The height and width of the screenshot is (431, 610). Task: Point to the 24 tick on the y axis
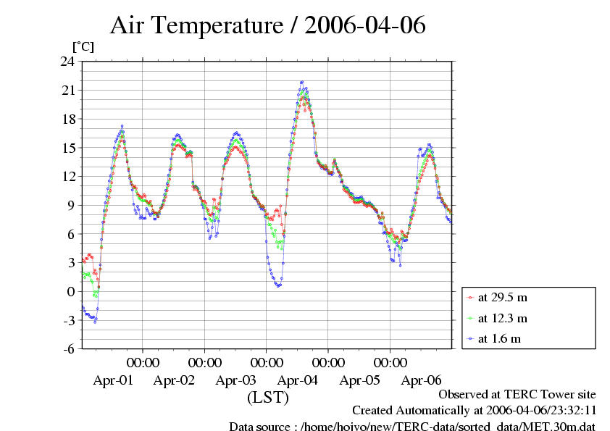(67, 62)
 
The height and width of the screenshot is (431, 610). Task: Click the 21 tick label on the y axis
(67, 91)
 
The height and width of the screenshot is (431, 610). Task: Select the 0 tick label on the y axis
(70, 291)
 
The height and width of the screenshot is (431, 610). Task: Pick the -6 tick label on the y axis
(67, 348)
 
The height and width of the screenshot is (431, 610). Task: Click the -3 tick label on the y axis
(67, 320)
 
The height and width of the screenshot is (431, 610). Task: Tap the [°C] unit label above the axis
(82, 46)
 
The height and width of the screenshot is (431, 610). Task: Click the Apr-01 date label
(113, 380)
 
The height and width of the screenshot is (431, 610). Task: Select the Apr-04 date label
(298, 380)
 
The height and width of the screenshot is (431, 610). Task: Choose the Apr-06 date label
(422, 380)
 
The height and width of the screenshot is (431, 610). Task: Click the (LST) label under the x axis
(267, 398)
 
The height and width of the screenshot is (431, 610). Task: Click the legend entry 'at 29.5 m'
(502, 297)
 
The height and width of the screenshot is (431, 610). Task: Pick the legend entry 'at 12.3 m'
(502, 318)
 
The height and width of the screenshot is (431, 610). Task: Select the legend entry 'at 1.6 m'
(499, 338)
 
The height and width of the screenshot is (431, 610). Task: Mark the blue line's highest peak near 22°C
(302, 82)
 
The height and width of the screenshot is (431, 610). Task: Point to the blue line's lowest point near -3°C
(95, 321)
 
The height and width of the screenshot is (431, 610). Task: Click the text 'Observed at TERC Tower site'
(517, 394)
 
